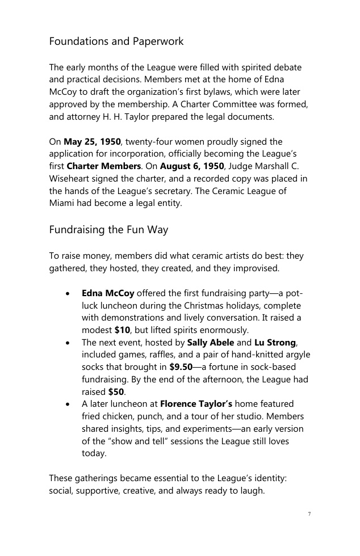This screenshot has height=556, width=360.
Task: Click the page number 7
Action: [x=309, y=514]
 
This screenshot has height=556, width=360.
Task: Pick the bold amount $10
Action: [x=122, y=330]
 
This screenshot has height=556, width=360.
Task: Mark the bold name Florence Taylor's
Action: [x=196, y=404]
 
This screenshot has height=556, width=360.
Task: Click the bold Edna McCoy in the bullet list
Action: [x=108, y=293]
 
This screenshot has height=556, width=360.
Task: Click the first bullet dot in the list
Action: [x=68, y=294]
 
